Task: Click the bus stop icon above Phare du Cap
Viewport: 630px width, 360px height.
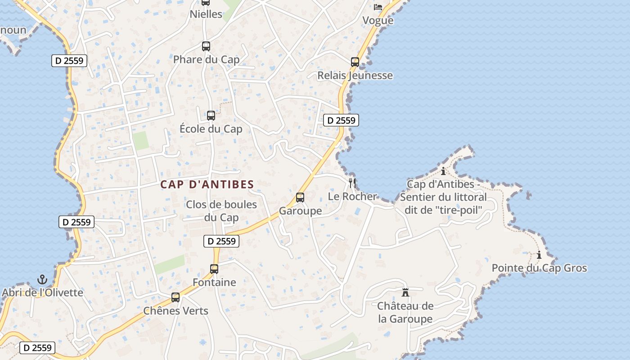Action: coord(206,46)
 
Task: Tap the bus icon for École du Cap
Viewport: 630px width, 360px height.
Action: coord(211,116)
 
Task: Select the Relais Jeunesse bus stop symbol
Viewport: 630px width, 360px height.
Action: coord(355,62)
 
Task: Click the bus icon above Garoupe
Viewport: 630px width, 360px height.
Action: coord(300,198)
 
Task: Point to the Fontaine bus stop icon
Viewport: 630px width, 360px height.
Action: coord(214,269)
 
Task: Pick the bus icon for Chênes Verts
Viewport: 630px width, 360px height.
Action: coord(175,297)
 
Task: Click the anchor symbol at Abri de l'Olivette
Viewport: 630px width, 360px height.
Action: coord(42,279)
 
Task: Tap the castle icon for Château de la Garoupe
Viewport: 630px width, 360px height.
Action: coord(405,292)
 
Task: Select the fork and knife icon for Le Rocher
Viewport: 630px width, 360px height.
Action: coord(352,183)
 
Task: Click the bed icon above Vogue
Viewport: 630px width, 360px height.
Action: coord(378,7)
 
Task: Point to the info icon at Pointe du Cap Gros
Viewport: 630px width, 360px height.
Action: coord(539,255)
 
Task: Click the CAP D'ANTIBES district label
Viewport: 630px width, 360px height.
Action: coord(207,184)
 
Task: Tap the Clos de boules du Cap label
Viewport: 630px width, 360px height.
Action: coord(221,211)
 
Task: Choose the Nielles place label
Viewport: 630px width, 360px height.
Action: coord(206,14)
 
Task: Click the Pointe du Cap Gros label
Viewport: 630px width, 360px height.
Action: coord(539,268)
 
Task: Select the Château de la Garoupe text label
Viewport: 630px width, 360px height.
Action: coord(405,312)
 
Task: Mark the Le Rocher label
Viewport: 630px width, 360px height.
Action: coord(352,196)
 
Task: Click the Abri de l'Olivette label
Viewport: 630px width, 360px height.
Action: coord(42,292)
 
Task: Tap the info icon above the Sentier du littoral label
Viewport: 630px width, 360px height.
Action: coord(443,171)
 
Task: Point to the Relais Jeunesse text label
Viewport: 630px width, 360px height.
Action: coord(355,75)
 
